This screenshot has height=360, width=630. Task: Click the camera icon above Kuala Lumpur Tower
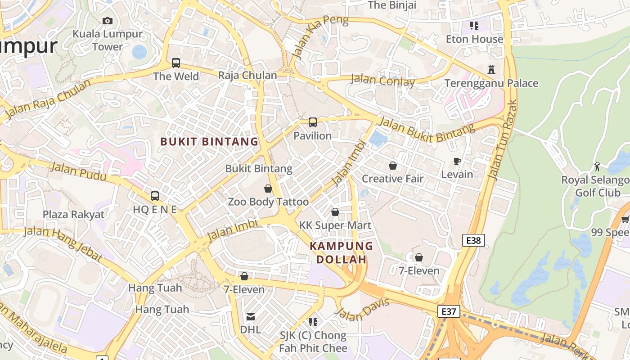pyautogui.click(x=107, y=21)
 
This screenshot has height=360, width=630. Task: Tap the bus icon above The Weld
pyautogui.click(x=176, y=63)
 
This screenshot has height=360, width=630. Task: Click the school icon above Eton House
pyautogui.click(x=474, y=26)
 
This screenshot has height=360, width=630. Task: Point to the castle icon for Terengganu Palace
pyautogui.click(x=491, y=70)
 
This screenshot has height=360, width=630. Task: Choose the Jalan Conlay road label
pyautogui.click(x=382, y=81)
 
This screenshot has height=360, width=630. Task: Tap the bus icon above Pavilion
pyautogui.click(x=312, y=122)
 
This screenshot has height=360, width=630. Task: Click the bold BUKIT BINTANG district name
pyautogui.click(x=209, y=142)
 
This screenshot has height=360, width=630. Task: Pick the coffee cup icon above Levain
pyautogui.click(x=457, y=162)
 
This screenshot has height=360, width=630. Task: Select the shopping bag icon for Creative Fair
pyautogui.click(x=393, y=166)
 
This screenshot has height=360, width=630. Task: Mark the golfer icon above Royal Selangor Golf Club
pyautogui.click(x=597, y=166)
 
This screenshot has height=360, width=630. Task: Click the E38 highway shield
pyautogui.click(x=473, y=240)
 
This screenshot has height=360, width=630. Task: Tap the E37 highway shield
pyautogui.click(x=449, y=311)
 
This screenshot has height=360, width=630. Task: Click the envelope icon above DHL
pyautogui.click(x=251, y=317)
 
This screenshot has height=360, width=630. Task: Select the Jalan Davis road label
pyautogui.click(x=362, y=310)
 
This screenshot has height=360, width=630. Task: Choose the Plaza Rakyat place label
pyautogui.click(x=73, y=214)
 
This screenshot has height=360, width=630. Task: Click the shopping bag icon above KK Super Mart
pyautogui.click(x=335, y=212)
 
